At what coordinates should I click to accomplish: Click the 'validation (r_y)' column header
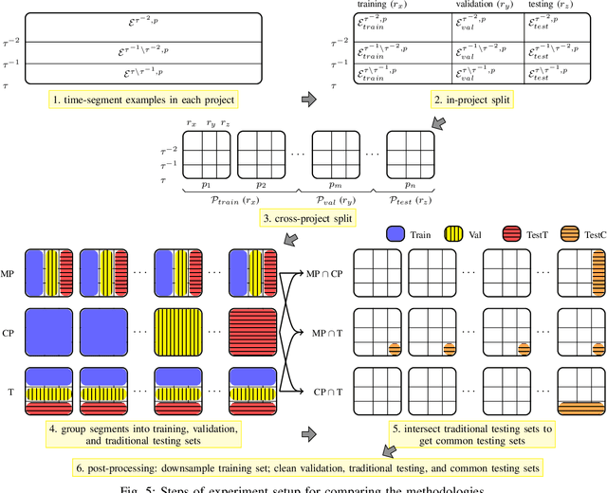click(x=487, y=4)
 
